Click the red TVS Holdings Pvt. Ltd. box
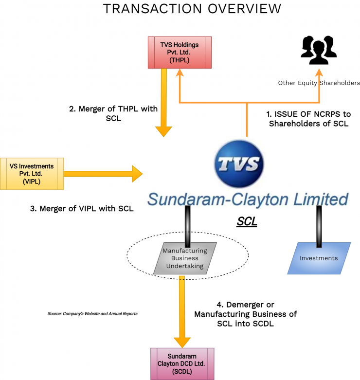point(180,52)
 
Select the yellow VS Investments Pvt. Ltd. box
point(32,173)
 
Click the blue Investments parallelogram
point(319,258)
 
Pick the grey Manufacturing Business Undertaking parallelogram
point(185,258)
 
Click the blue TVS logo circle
point(239,164)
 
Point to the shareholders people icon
point(319,51)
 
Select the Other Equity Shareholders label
point(319,83)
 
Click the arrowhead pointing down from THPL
point(163,131)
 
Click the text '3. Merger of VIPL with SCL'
point(82,208)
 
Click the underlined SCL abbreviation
point(247,222)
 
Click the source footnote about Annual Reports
point(92,313)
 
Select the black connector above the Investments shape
point(319,225)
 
